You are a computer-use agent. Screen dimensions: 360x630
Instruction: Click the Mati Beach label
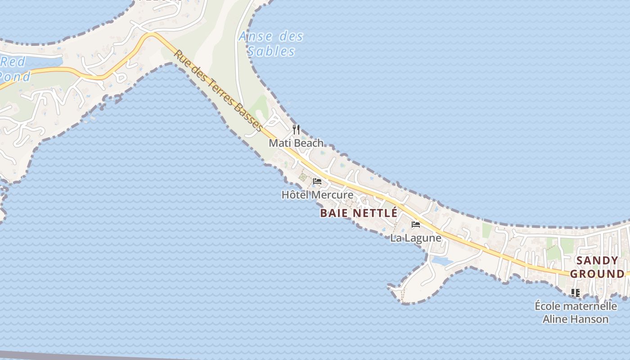coord(296,143)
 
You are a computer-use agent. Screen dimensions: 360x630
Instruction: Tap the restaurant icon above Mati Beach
coord(296,130)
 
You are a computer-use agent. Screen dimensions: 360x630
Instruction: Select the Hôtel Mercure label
coord(317,195)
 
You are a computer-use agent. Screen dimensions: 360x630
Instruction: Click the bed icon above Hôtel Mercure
coord(317,182)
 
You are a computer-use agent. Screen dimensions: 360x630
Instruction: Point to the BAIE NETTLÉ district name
coord(359,213)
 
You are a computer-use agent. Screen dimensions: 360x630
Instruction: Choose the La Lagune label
coord(415,238)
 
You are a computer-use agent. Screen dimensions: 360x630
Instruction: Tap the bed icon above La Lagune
coord(416,224)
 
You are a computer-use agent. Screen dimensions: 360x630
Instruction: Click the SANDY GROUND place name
coord(597,267)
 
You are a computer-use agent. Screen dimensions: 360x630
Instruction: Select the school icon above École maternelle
coord(575,293)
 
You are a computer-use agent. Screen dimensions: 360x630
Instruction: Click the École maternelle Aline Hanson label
coord(576,313)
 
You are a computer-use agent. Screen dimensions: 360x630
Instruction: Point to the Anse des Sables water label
coord(271,44)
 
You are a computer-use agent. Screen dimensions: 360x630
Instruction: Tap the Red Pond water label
coord(14,69)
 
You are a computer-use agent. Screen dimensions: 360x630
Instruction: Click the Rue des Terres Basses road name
coord(219,91)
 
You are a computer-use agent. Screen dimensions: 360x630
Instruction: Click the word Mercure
coord(332,195)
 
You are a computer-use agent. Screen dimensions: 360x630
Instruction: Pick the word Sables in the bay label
coord(271,51)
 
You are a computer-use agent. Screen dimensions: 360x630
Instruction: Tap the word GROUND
coord(597,274)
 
